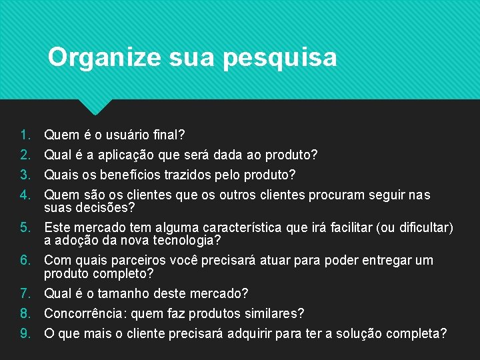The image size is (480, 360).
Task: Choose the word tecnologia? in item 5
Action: [x=187, y=240]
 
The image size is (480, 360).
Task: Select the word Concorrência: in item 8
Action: [x=84, y=313]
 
